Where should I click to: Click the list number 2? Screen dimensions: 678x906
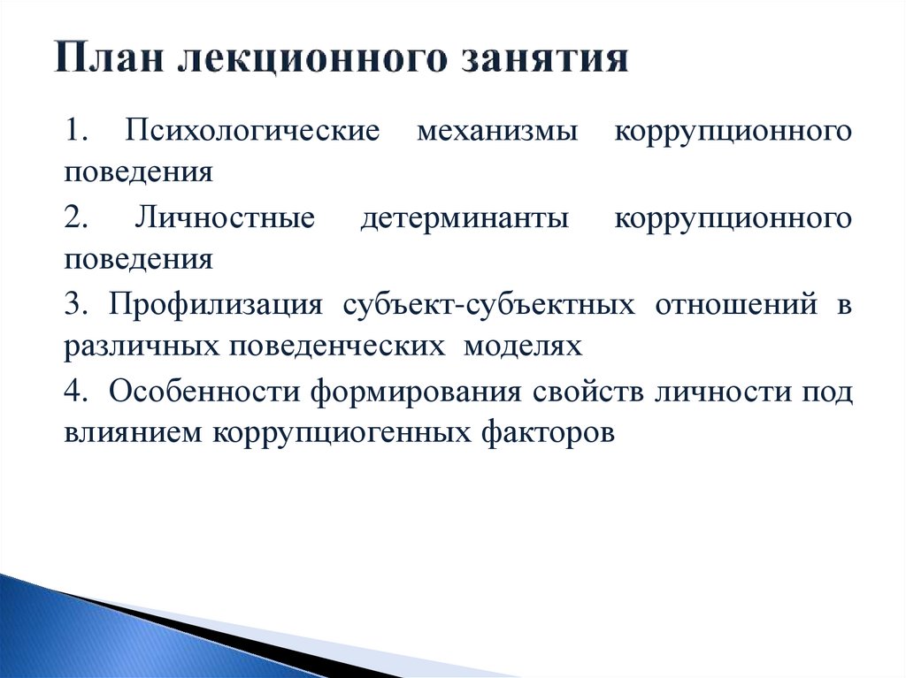[x=74, y=218]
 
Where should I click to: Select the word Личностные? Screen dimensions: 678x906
[x=224, y=218]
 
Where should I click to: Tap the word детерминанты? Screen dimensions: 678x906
[x=465, y=218]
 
